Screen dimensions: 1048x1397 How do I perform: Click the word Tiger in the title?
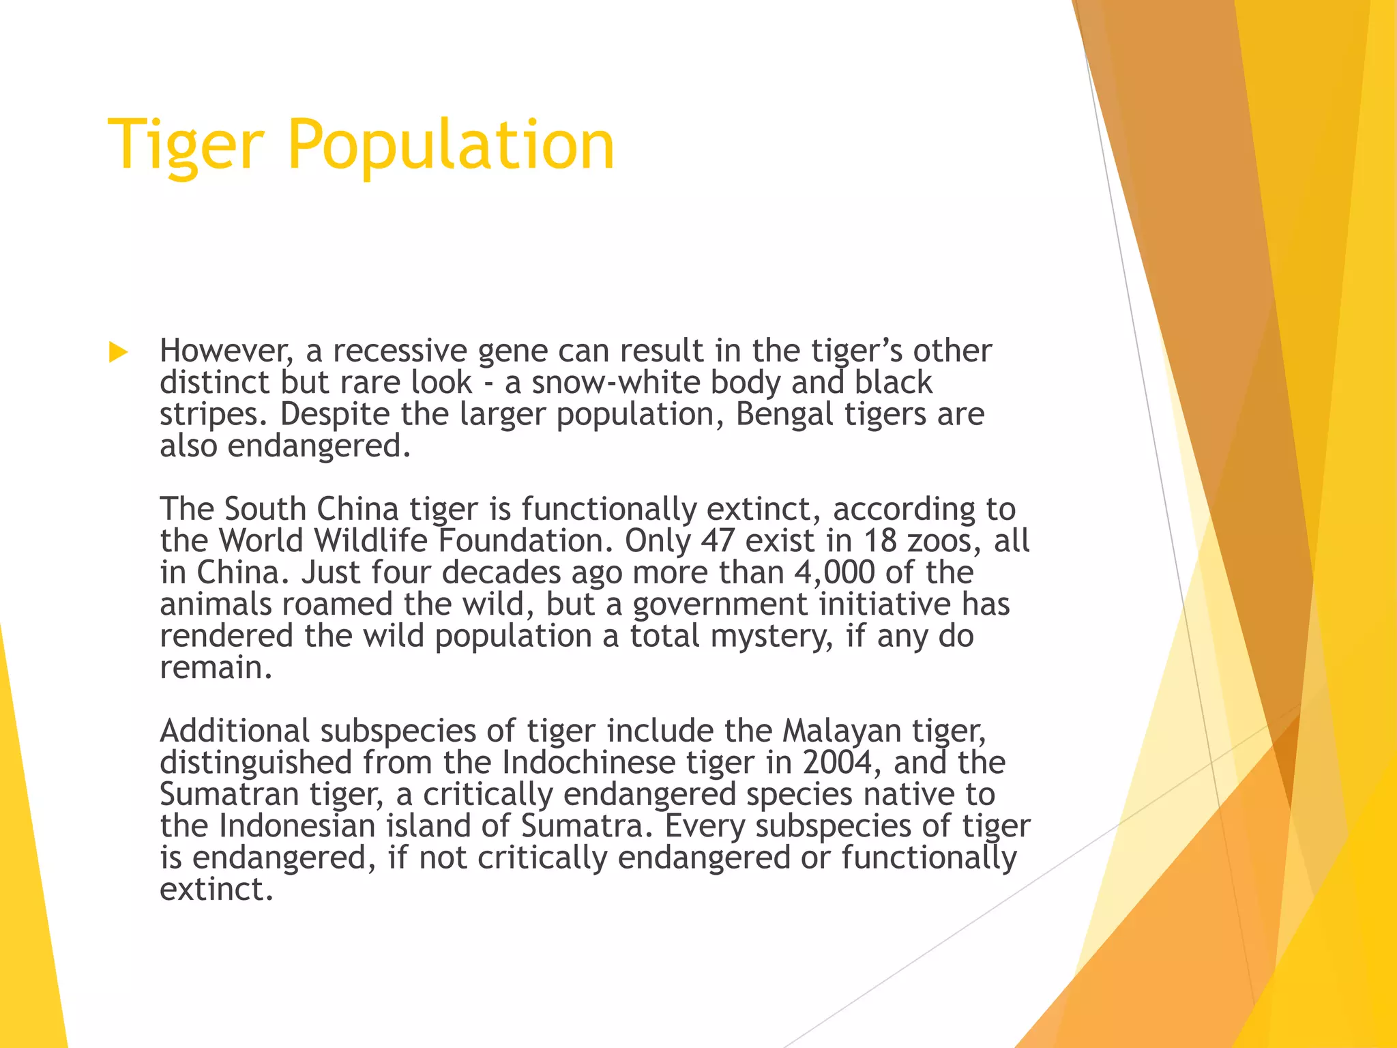click(x=186, y=145)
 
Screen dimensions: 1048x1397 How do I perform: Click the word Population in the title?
click(x=451, y=145)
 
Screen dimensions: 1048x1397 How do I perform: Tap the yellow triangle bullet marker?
click(x=119, y=352)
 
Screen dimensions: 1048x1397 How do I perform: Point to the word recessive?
click(x=399, y=351)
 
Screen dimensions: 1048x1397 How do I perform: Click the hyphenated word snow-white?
click(x=615, y=382)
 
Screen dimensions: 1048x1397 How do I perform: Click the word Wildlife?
click(x=371, y=540)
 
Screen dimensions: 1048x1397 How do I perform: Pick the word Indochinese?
click(x=588, y=762)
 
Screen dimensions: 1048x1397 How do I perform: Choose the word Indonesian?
click(x=297, y=826)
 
